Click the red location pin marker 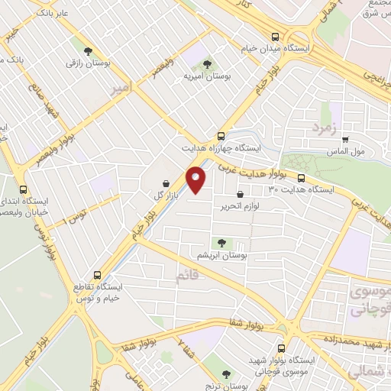[196, 180]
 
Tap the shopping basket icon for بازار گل [166, 183]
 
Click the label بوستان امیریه [202, 76]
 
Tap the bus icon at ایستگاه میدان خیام [275, 36]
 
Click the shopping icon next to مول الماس [346, 139]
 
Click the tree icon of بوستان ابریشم [222, 242]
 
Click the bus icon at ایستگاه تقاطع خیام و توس [97, 275]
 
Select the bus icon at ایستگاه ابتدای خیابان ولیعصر [23, 189]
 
